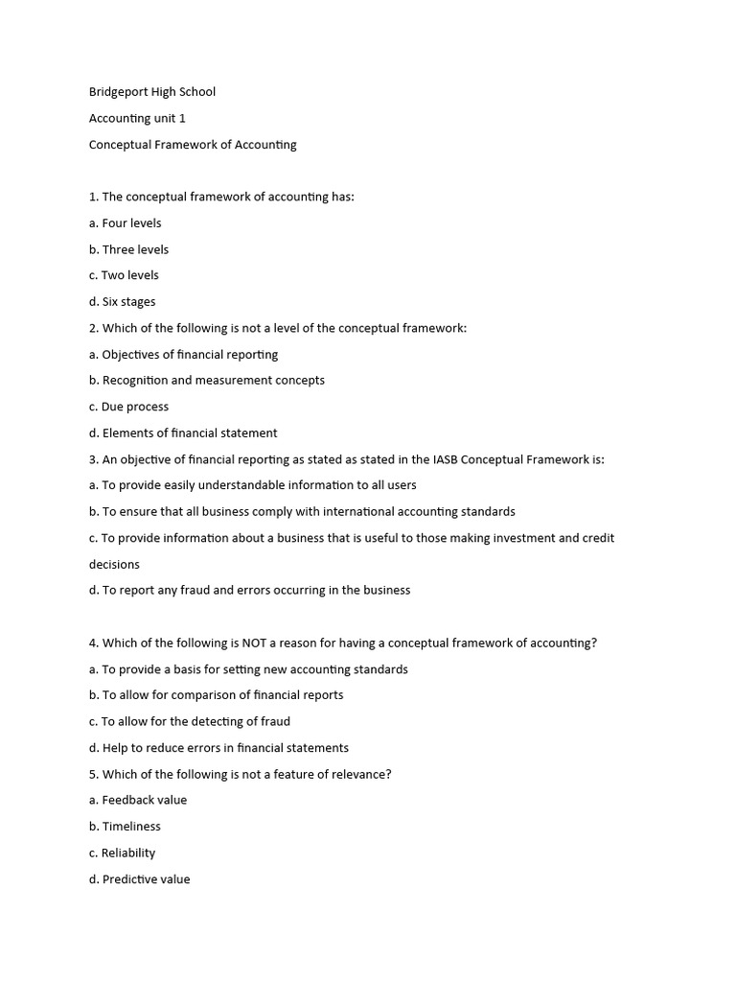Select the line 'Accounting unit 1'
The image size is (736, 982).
pyautogui.click(x=137, y=118)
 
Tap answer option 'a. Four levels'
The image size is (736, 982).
pyautogui.click(x=126, y=222)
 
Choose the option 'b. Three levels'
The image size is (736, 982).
pyautogui.click(x=128, y=249)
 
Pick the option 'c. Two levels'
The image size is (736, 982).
pyautogui.click(x=124, y=275)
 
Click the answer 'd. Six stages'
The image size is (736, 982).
pyautogui.click(x=122, y=302)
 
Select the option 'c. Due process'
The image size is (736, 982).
pyautogui.click(x=128, y=407)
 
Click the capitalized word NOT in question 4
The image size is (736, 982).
pyautogui.click(x=251, y=643)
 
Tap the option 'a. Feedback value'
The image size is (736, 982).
pyautogui.click(x=138, y=800)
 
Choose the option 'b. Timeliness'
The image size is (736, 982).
pyautogui.click(x=125, y=826)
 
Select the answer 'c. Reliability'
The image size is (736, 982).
pyautogui.click(x=122, y=853)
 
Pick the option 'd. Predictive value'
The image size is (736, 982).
pyautogui.click(x=140, y=878)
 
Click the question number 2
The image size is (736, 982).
pyautogui.click(x=93, y=328)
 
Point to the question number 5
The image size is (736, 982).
pyautogui.click(x=93, y=774)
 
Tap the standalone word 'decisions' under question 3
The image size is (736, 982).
pyautogui.click(x=114, y=564)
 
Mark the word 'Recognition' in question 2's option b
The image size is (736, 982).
pyautogui.click(x=135, y=381)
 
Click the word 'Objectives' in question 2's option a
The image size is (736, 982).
pyautogui.click(x=132, y=355)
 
